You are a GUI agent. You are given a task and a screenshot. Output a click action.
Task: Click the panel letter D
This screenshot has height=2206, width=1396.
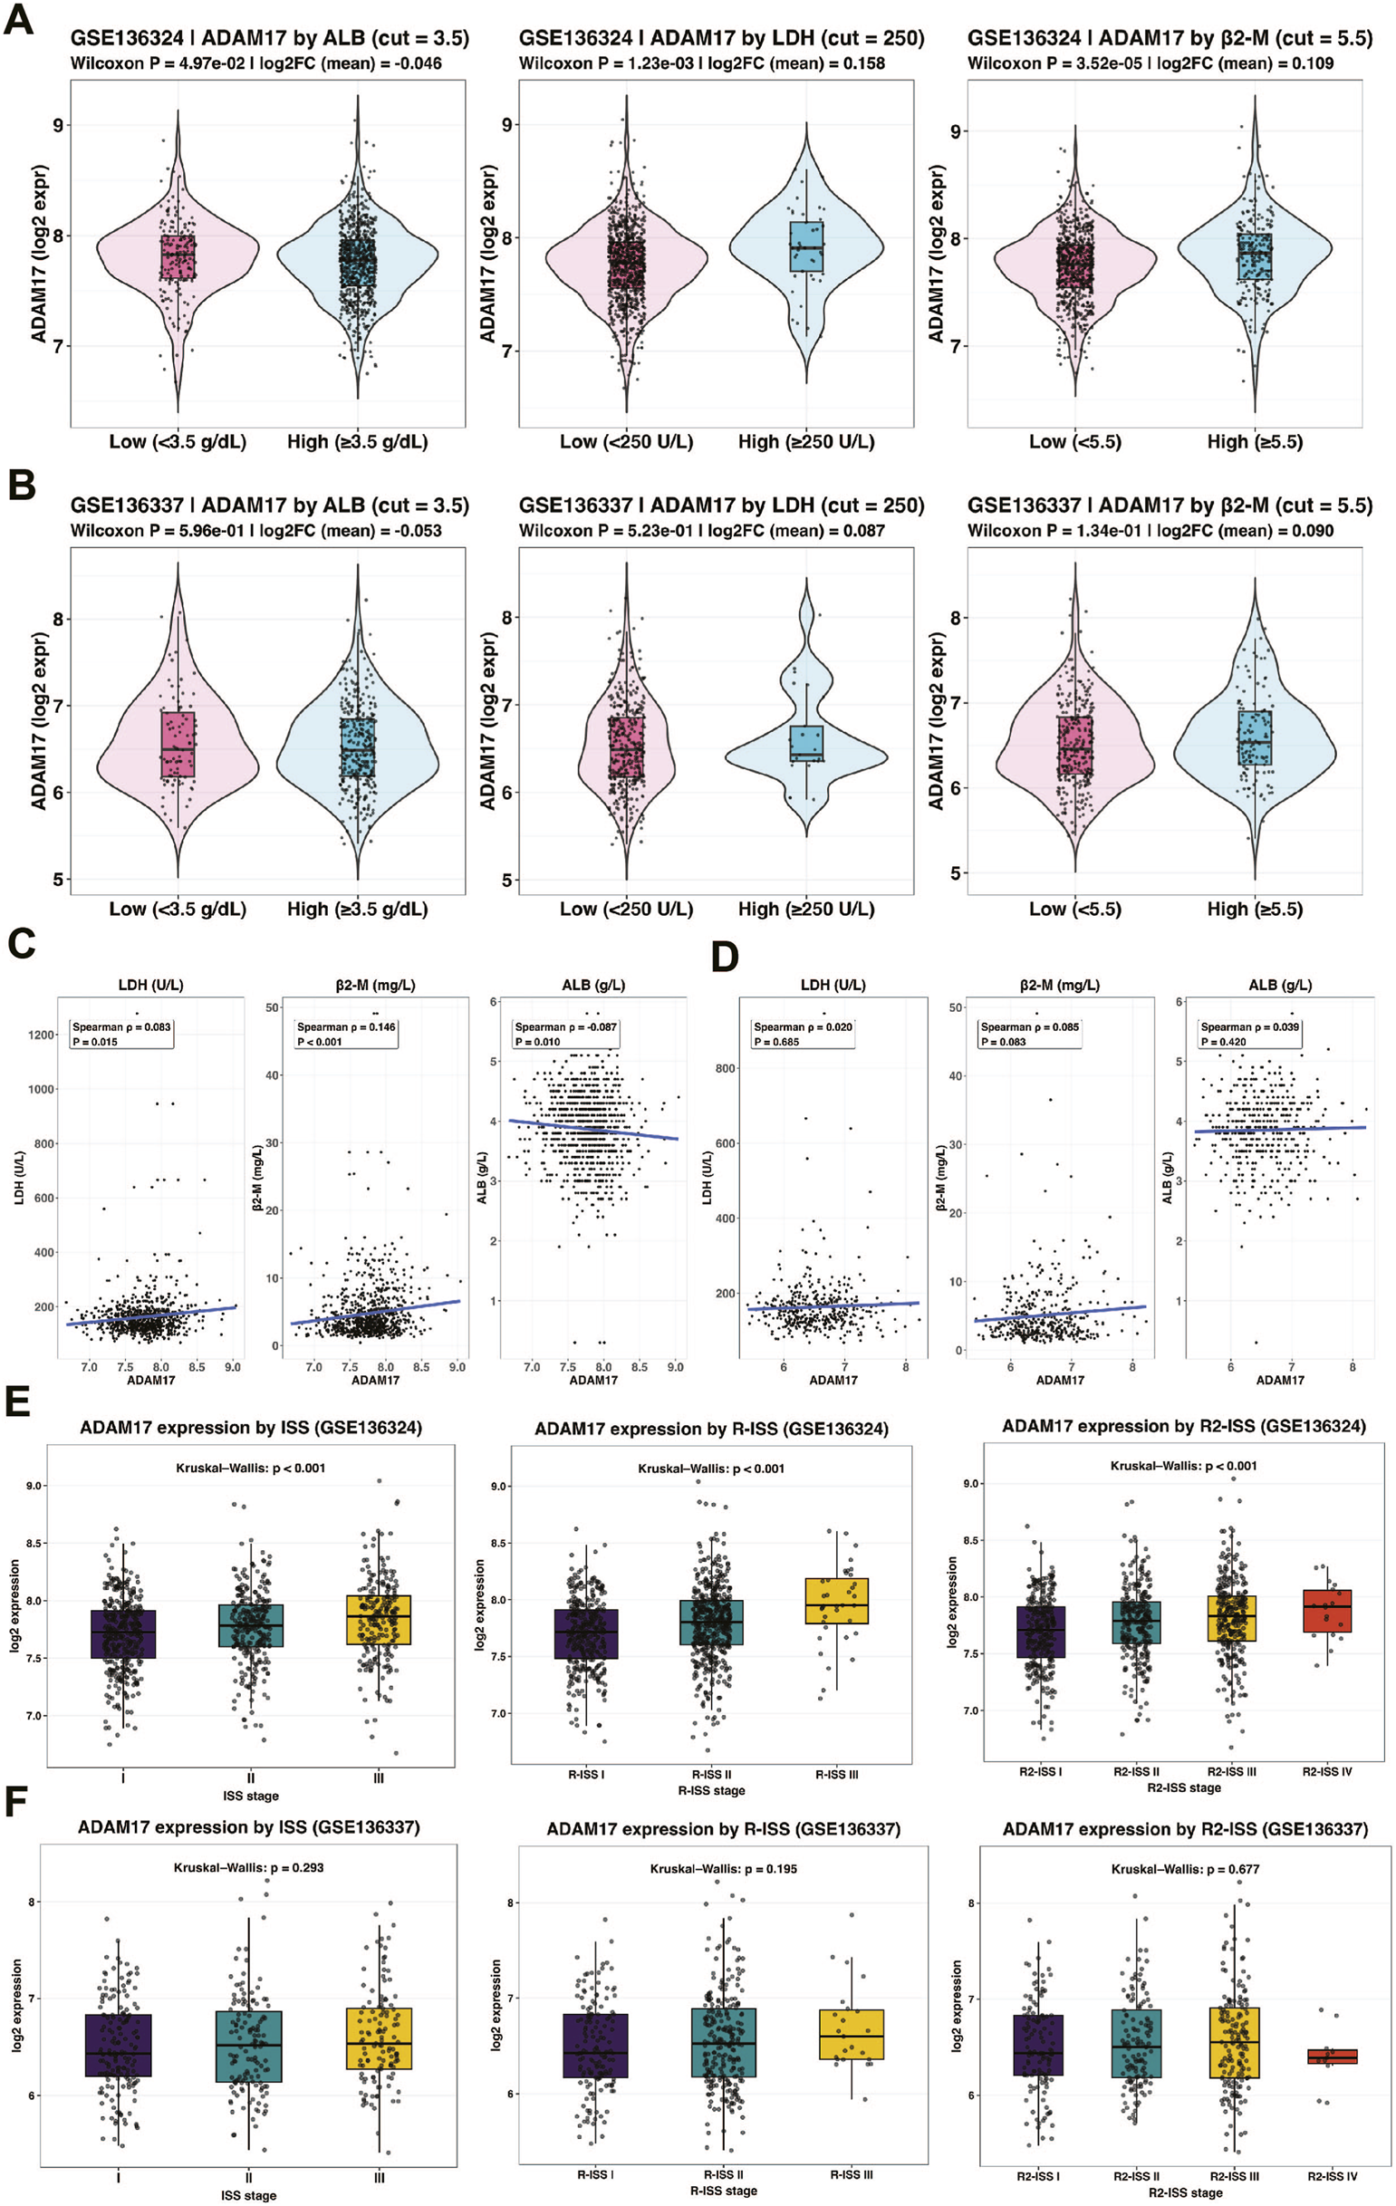click(725, 959)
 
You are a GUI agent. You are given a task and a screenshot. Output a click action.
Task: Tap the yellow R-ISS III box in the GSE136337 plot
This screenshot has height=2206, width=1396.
click(851, 2034)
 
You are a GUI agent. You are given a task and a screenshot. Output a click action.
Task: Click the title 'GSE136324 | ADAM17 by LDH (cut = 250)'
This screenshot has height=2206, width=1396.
click(721, 38)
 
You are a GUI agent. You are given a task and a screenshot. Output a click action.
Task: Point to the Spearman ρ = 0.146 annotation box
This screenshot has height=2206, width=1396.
click(346, 1034)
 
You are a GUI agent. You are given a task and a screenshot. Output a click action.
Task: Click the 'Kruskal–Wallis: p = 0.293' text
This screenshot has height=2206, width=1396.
click(248, 1867)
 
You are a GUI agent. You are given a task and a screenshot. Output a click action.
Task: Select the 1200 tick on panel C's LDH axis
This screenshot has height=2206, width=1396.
click(42, 1036)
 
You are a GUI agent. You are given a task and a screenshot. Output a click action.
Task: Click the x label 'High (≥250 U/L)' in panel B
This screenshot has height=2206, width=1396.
click(806, 909)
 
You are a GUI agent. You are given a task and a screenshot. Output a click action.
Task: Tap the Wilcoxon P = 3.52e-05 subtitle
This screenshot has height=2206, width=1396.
click(1150, 63)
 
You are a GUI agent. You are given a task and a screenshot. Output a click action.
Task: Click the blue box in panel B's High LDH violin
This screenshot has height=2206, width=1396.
click(807, 742)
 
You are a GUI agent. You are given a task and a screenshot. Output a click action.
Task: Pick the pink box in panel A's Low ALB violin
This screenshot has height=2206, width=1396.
click(178, 257)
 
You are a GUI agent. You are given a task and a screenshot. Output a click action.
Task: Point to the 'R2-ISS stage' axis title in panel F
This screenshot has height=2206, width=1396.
click(1184, 2192)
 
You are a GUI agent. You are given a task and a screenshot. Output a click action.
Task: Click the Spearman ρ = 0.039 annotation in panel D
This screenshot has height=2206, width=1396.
click(1249, 1034)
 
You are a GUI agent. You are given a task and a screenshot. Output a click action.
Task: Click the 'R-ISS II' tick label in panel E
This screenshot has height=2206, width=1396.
click(712, 1775)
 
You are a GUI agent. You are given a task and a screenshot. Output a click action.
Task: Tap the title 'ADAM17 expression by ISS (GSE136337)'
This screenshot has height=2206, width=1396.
click(248, 1826)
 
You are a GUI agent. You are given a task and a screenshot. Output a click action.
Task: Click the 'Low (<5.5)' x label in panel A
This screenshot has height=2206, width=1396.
click(1074, 441)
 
